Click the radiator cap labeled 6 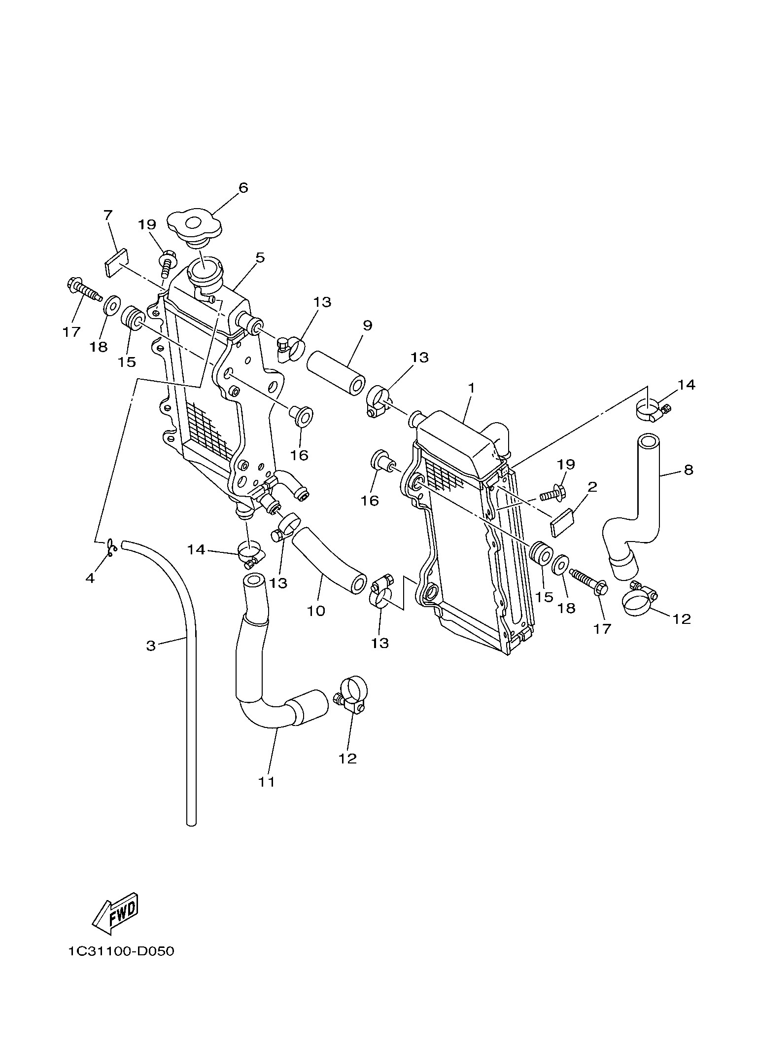tap(194, 227)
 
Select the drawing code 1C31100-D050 tap(122, 952)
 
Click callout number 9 tap(367, 326)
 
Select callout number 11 tap(267, 782)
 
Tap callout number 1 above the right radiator tap(471, 388)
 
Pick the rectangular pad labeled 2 tap(562, 522)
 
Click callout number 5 tap(260, 257)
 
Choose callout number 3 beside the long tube tap(151, 645)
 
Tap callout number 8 tap(688, 470)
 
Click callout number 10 tap(316, 611)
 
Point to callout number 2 tap(592, 487)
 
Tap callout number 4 tap(90, 578)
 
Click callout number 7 tap(108, 215)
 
